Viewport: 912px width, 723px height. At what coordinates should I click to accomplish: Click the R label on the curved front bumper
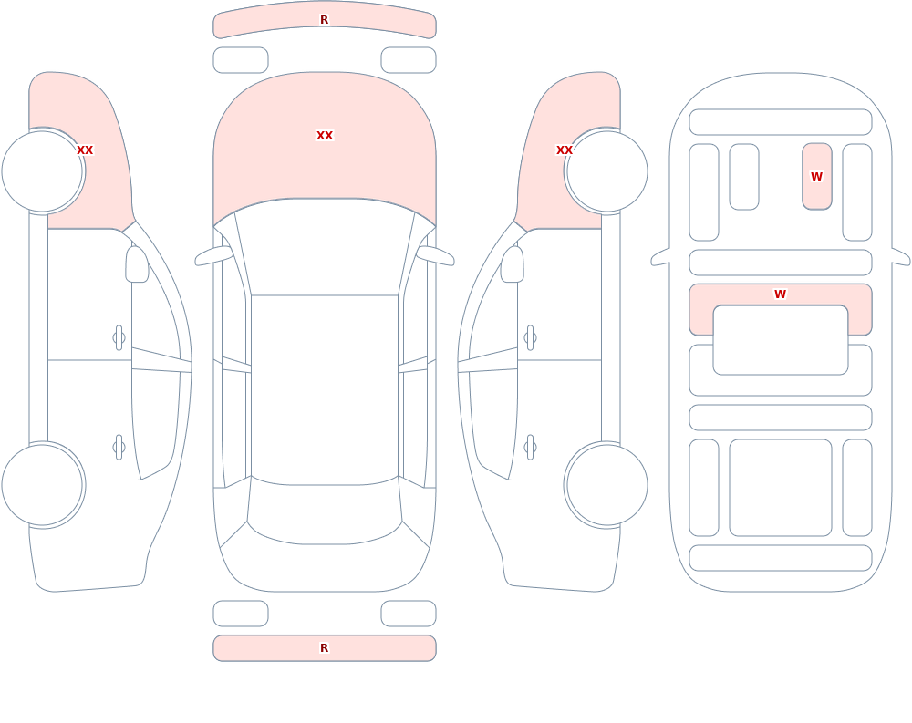(325, 20)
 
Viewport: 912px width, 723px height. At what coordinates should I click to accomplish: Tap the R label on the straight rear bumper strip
(325, 648)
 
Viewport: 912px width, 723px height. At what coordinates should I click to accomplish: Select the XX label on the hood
(325, 136)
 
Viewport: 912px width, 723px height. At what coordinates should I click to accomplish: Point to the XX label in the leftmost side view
(85, 150)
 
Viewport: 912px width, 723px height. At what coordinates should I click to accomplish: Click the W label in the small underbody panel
(816, 176)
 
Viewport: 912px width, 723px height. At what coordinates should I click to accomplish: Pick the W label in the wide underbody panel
(780, 294)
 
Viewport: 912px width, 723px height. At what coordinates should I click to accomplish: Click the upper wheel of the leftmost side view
(43, 171)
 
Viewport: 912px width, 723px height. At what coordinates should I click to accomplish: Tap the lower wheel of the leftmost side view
(43, 485)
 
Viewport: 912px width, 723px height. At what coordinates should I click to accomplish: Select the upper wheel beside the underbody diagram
(606, 171)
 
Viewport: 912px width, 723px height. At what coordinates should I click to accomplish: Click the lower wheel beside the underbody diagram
(606, 485)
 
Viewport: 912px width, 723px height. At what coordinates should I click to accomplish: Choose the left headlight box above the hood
(241, 60)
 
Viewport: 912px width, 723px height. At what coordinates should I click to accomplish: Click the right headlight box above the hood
(409, 60)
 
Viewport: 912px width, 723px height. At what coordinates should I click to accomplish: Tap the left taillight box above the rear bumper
(241, 614)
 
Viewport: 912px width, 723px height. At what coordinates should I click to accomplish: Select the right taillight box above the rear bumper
(409, 614)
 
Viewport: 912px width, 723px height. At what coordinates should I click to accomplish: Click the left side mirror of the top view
(213, 256)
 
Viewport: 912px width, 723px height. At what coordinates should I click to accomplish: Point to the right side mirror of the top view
(435, 256)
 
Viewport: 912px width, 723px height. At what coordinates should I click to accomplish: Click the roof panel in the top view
(325, 389)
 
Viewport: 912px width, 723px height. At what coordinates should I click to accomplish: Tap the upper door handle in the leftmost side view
(119, 338)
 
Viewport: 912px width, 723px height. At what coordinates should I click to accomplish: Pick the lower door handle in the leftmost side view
(119, 448)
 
